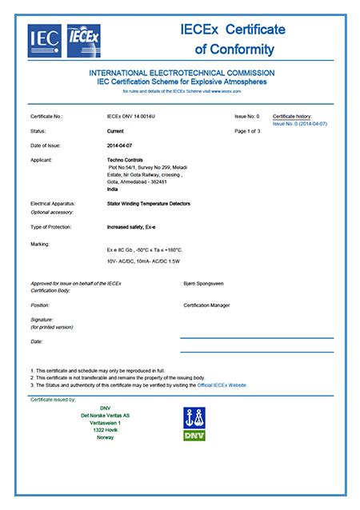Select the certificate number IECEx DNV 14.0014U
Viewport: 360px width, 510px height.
(134, 117)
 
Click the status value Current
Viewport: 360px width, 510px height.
(116, 129)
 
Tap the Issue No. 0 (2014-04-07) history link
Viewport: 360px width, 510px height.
(300, 124)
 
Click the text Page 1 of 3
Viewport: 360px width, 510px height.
(249, 130)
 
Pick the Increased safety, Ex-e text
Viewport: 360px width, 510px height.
(134, 228)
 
